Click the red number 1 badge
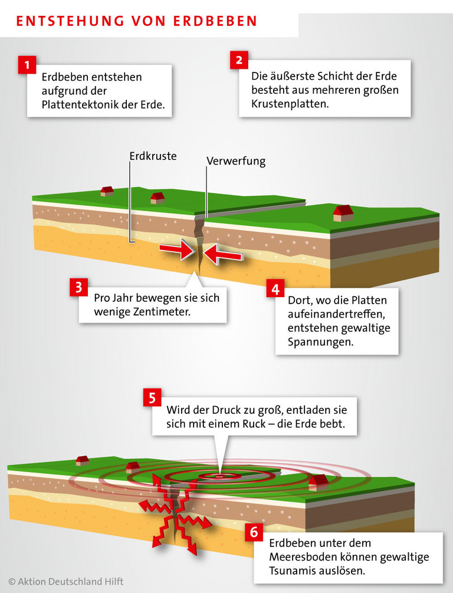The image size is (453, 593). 27,64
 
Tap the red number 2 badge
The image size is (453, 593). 238,60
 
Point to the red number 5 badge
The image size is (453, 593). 152,398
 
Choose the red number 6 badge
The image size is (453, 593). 254,532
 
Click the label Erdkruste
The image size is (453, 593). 153,157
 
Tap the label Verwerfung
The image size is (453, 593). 236,161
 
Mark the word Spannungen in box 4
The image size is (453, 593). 321,341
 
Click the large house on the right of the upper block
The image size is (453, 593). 343,213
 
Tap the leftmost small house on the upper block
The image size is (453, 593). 107,190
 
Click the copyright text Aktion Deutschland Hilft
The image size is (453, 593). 65,582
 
